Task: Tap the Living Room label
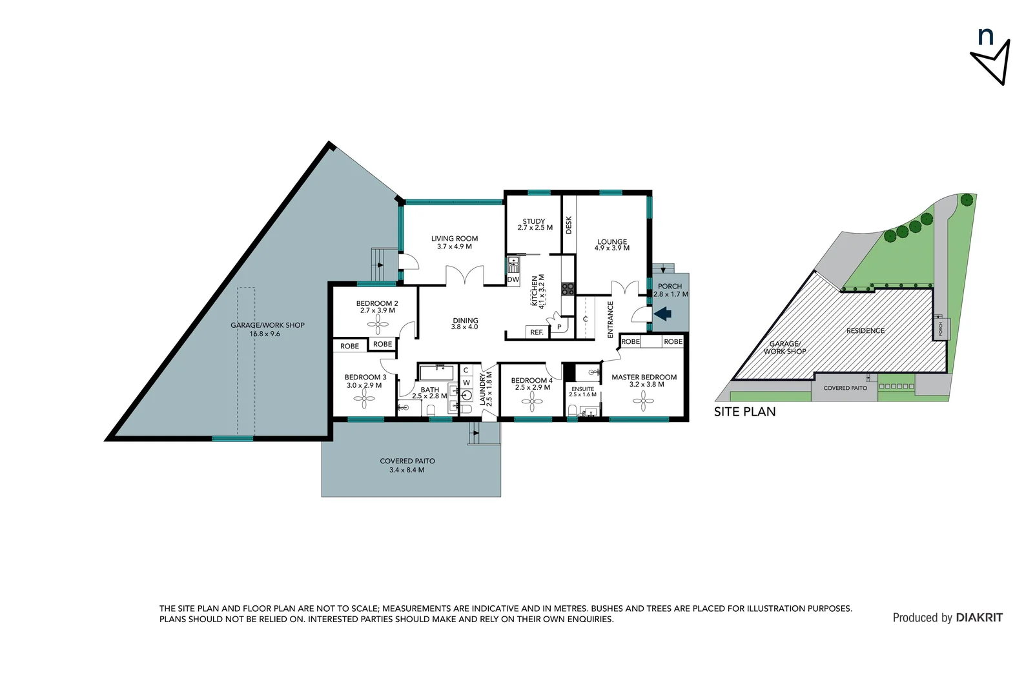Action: coord(455,239)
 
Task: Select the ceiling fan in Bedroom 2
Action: coord(377,324)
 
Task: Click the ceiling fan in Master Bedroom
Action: coord(643,401)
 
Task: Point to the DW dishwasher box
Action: coord(513,279)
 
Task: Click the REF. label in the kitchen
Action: coord(537,332)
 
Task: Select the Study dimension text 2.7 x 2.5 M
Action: coord(535,228)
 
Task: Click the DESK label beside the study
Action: coord(569,225)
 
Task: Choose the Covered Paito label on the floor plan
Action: coord(407,461)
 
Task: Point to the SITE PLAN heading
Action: coord(744,412)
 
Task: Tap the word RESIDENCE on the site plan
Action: coord(865,330)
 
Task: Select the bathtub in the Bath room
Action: coord(437,373)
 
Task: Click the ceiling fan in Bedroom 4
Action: coord(532,404)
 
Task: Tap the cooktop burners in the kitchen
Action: coord(568,288)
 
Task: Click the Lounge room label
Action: coord(612,242)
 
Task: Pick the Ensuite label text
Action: coord(582,389)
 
